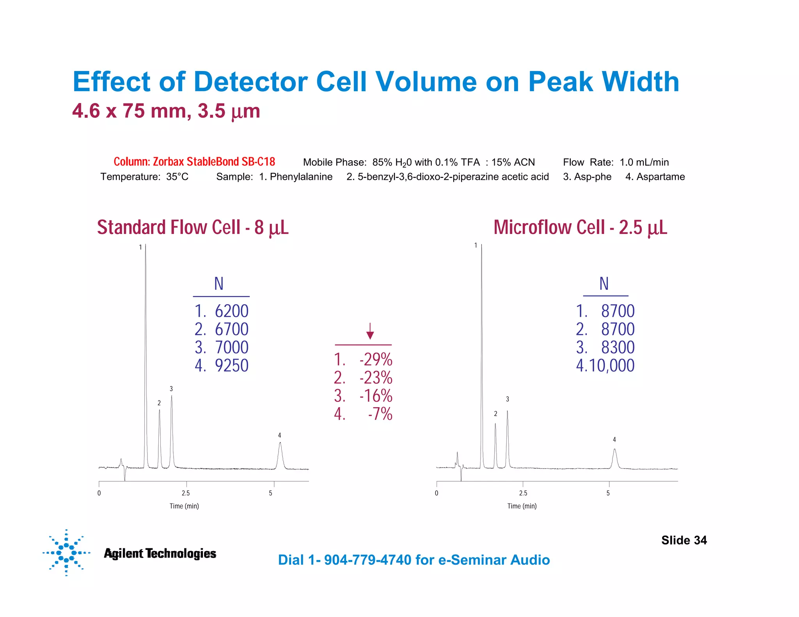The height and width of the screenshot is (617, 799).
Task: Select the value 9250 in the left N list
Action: click(231, 366)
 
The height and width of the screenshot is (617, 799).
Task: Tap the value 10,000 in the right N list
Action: click(611, 366)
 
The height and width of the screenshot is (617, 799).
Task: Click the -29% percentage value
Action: click(376, 360)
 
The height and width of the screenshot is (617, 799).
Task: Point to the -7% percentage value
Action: click(380, 414)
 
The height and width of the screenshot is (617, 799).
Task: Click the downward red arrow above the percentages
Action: click(370, 331)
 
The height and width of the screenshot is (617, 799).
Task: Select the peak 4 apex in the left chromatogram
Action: click(280, 443)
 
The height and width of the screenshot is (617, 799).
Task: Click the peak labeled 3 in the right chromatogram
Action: click(507, 412)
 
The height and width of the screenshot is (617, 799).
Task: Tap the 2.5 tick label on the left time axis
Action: click(186, 493)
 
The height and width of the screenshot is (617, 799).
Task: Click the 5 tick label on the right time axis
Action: click(608, 493)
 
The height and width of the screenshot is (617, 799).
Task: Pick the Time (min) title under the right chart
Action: click(522, 506)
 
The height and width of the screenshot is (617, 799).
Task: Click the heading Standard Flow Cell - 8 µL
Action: click(193, 227)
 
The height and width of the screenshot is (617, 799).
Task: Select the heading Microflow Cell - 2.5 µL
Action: click(580, 227)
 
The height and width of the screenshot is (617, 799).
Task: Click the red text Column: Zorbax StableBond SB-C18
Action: click(194, 162)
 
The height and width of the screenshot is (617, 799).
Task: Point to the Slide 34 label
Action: click(684, 540)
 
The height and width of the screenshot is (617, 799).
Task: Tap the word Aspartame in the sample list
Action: click(661, 177)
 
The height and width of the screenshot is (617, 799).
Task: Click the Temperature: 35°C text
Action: click(144, 177)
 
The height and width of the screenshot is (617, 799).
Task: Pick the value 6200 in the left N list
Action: click(231, 311)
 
